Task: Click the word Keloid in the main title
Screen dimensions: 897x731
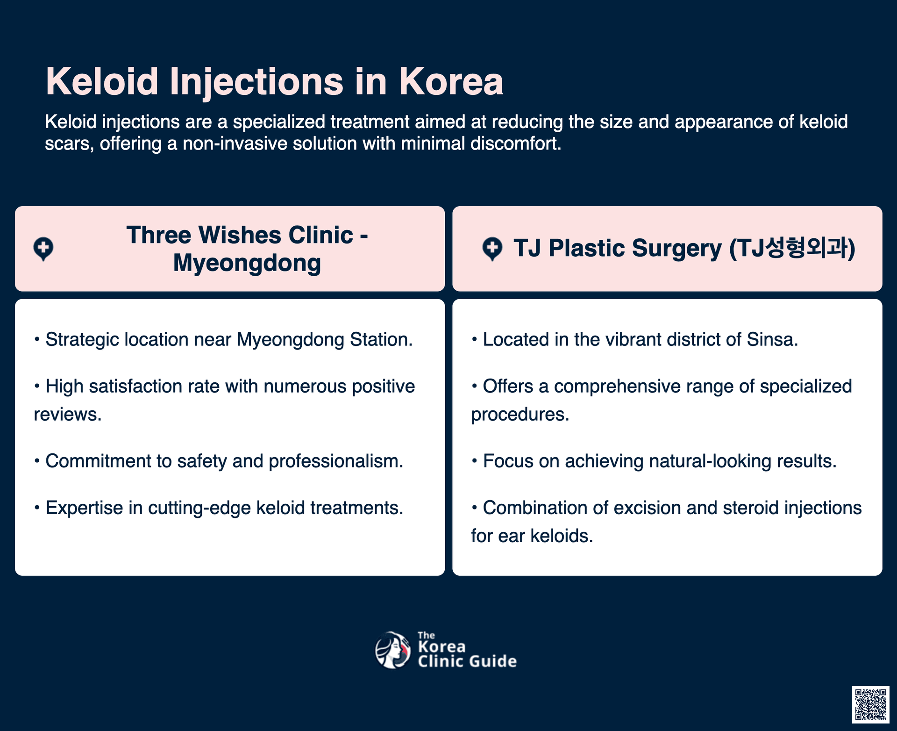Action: click(x=102, y=81)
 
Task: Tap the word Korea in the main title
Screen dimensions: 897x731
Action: click(x=451, y=81)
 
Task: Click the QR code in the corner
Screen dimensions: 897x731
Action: click(x=870, y=704)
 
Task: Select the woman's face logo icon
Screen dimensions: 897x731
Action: click(x=393, y=650)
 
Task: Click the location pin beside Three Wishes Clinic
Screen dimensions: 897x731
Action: click(x=43, y=249)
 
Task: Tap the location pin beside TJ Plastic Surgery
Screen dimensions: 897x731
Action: click(x=492, y=249)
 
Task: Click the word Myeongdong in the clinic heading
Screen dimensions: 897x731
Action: click(x=247, y=263)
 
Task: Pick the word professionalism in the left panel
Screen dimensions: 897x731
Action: click(x=336, y=461)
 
